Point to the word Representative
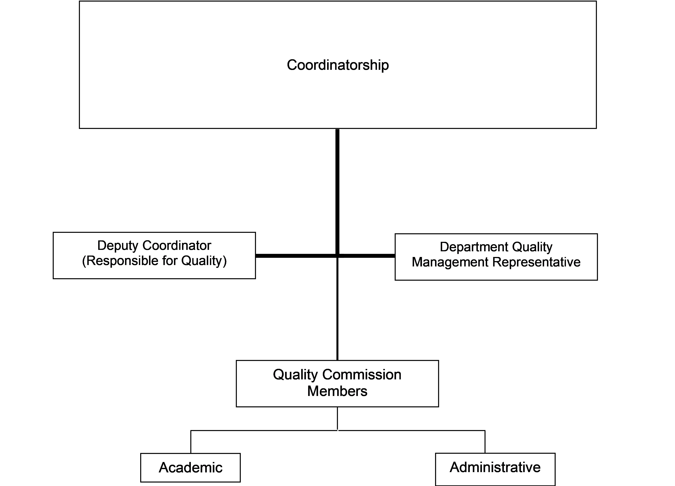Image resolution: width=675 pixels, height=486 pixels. pos(536,262)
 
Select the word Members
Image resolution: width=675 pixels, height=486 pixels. pos(337,391)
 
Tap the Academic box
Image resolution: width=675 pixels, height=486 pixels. pos(191,468)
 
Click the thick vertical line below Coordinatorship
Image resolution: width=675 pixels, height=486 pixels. pos(337,192)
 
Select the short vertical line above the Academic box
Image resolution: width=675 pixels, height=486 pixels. pos(191,442)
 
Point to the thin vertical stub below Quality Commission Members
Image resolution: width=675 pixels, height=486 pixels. pos(337,419)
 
